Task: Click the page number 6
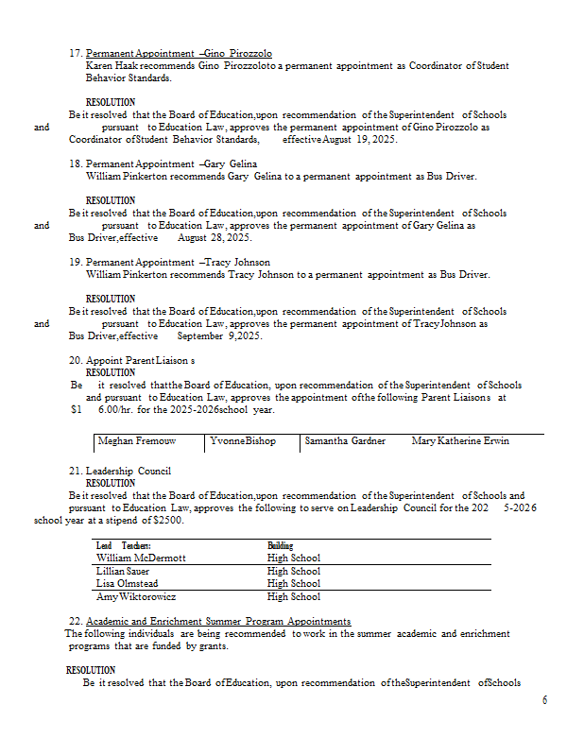point(544,700)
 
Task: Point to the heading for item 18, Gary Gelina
point(171,163)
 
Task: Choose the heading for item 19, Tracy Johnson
point(178,262)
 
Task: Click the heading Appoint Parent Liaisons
point(140,361)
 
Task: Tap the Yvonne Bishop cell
point(243,441)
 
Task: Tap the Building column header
point(280,546)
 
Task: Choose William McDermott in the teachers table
point(141,558)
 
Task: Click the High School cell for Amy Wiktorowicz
point(294,597)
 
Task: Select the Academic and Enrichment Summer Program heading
point(218,622)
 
